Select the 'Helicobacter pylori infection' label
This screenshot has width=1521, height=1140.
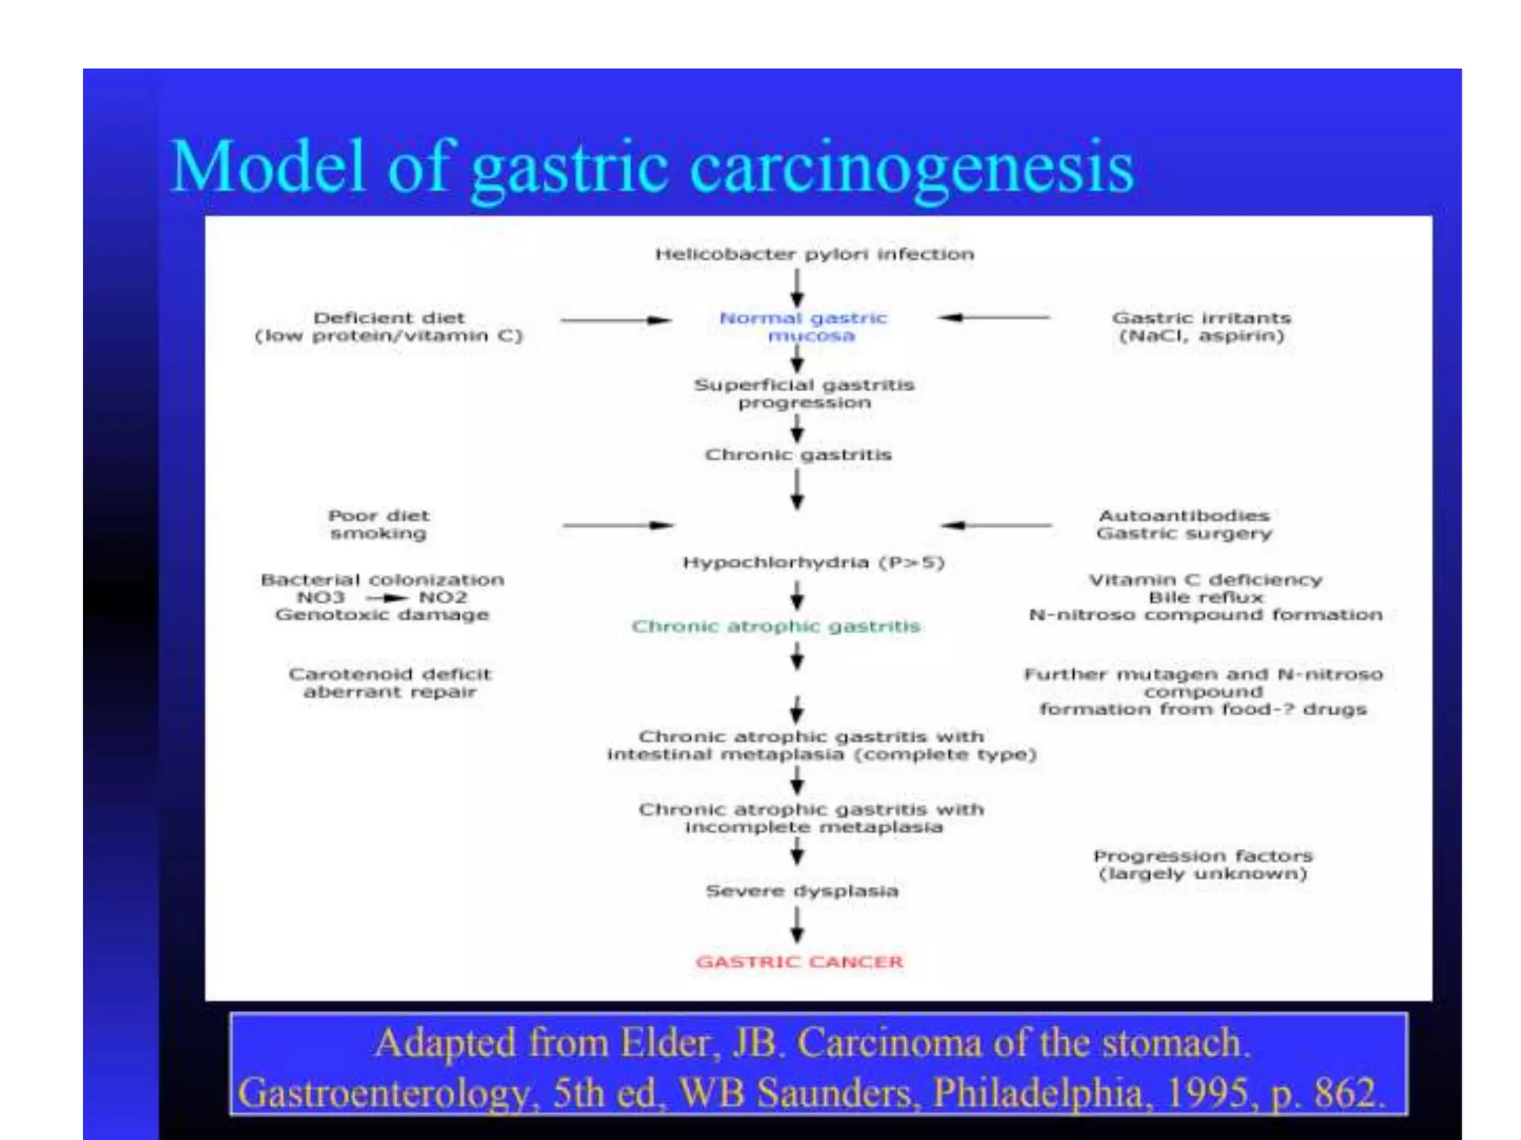click(814, 255)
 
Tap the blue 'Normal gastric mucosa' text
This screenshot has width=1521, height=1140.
click(804, 327)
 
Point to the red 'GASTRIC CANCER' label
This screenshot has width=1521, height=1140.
click(799, 962)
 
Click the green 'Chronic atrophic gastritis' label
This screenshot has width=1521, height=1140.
click(776, 626)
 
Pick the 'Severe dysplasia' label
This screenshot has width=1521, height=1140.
click(802, 891)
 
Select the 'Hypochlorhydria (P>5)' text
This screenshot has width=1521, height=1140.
click(813, 563)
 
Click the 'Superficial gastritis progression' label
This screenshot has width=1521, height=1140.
click(804, 393)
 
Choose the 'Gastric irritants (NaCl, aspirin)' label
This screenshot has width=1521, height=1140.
click(1202, 327)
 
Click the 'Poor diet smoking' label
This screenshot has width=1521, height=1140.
click(379, 524)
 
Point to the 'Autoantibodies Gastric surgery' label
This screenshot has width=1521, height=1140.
click(1185, 524)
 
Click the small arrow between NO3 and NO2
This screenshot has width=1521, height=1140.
click(386, 598)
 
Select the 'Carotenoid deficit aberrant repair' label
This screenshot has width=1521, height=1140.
click(390, 683)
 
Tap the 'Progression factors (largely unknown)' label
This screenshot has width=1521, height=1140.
click(1203, 865)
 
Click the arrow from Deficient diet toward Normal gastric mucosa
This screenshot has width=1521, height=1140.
click(616, 321)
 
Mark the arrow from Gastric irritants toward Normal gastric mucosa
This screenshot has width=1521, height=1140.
click(994, 318)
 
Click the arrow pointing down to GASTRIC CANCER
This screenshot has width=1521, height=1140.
click(798, 926)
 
